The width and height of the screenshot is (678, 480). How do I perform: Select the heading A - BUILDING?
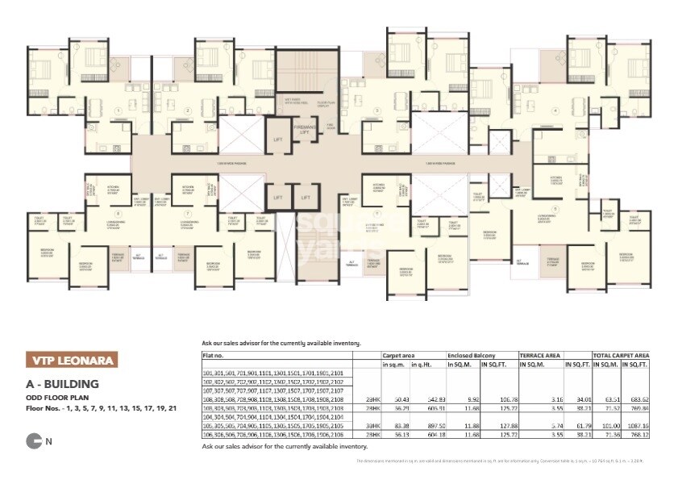[x=62, y=384]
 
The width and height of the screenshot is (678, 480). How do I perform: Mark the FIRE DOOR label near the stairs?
[x=331, y=126]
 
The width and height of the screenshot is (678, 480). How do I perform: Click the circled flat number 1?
[x=119, y=111]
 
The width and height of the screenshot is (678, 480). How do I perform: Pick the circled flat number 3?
[x=376, y=111]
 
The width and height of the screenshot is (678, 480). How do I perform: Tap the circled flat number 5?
[x=555, y=207]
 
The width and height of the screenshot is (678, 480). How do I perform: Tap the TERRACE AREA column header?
[x=539, y=353]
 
